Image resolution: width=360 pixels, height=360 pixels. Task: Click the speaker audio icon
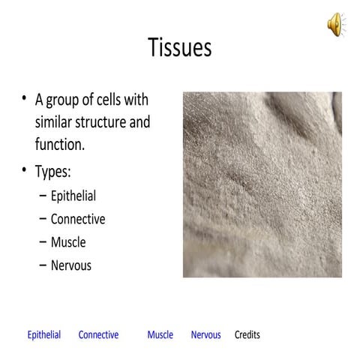335,24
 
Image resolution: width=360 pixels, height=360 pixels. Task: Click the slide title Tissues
180,48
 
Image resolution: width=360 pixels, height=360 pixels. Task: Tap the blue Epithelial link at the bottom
44,335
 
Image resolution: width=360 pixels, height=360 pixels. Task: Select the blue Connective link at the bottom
98,335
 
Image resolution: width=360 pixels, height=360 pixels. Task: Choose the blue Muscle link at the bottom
160,335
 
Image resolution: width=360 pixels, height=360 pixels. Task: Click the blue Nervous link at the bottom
205,335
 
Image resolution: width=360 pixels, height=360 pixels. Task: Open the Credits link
247,335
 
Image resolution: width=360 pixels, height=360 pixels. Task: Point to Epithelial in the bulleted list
73,196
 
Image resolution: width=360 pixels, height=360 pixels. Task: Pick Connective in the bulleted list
77,220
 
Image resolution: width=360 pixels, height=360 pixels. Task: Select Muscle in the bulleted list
68,242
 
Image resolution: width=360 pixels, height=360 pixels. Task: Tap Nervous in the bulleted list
70,265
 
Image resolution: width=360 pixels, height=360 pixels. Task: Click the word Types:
53,172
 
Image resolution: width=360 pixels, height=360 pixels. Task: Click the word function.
59,144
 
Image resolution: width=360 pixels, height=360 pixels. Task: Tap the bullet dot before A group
25,99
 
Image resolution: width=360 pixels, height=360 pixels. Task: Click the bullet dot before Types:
25,170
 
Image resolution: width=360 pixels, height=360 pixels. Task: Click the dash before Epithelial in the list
42,196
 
